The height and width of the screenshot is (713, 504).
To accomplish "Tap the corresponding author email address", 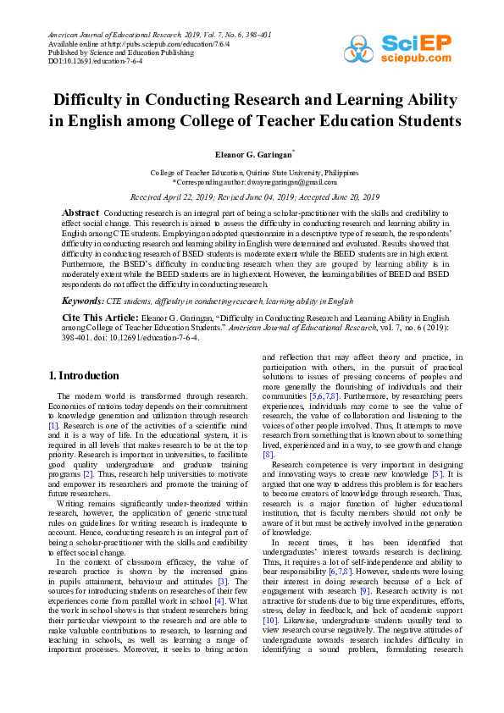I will tap(291, 181).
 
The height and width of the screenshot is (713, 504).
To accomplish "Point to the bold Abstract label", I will tap(81, 212).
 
